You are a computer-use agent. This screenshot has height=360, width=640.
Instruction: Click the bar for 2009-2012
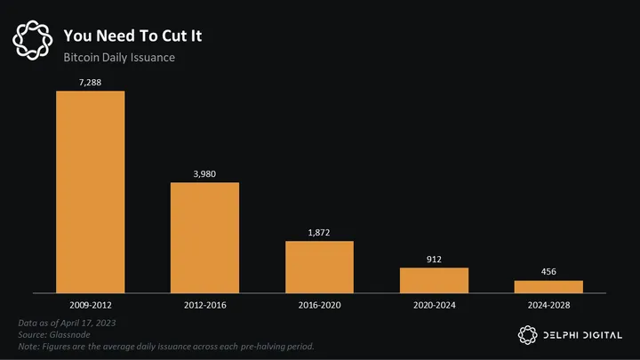tap(91, 191)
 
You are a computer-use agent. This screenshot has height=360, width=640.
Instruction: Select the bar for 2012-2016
tap(204, 237)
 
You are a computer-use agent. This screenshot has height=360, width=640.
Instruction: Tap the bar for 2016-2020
tap(319, 266)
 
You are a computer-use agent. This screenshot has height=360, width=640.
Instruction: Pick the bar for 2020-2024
tap(434, 279)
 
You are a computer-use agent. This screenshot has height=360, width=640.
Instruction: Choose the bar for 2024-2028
tap(548, 286)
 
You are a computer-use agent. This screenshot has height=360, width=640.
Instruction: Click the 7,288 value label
tap(91, 82)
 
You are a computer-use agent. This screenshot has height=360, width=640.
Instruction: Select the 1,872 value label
tap(319, 231)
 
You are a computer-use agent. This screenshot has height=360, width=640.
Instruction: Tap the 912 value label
tap(434, 259)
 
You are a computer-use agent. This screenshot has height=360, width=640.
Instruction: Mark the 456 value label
tap(548, 271)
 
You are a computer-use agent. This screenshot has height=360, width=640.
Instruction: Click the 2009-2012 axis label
tap(91, 304)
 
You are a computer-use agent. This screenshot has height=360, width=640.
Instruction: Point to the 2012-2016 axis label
tap(204, 304)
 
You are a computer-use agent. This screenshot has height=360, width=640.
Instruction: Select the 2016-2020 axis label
tap(319, 304)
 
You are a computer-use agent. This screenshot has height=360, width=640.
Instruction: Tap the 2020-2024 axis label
tap(434, 304)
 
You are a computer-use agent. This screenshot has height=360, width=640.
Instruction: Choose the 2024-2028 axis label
tap(548, 304)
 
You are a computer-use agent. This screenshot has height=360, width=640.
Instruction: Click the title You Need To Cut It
tap(138, 36)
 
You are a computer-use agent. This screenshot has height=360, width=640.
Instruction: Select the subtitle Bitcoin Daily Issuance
tap(118, 58)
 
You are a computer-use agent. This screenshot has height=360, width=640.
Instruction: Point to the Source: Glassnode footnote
tap(54, 333)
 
